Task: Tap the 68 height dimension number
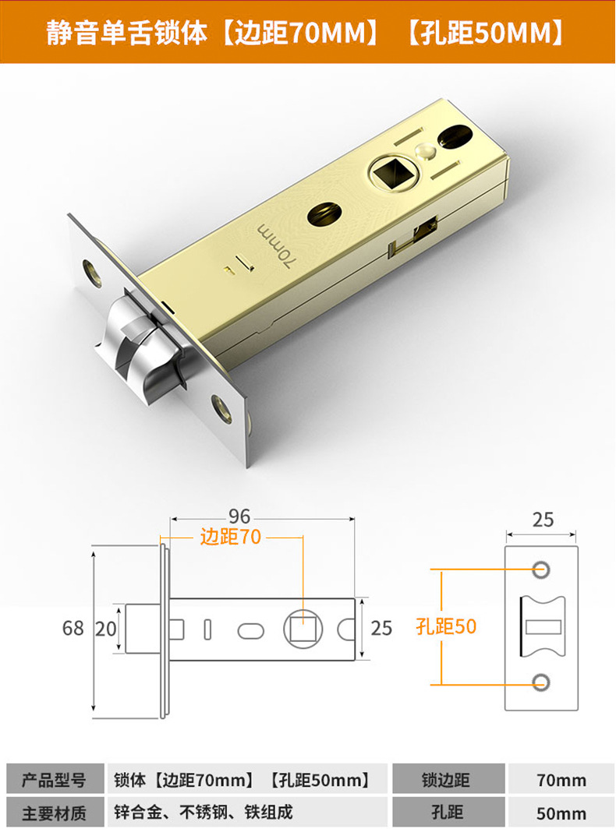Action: point(73,628)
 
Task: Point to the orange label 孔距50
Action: point(446,626)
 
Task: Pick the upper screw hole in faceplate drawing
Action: point(540,569)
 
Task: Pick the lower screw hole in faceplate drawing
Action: point(540,683)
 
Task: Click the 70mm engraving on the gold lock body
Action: point(275,244)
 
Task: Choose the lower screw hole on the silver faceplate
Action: point(222,407)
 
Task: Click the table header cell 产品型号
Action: point(53,780)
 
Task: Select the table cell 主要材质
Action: point(53,813)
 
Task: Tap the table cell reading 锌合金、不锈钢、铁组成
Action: point(204,813)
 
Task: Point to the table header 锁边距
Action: point(447,780)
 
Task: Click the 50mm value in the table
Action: point(561,813)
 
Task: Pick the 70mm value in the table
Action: point(561,780)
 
